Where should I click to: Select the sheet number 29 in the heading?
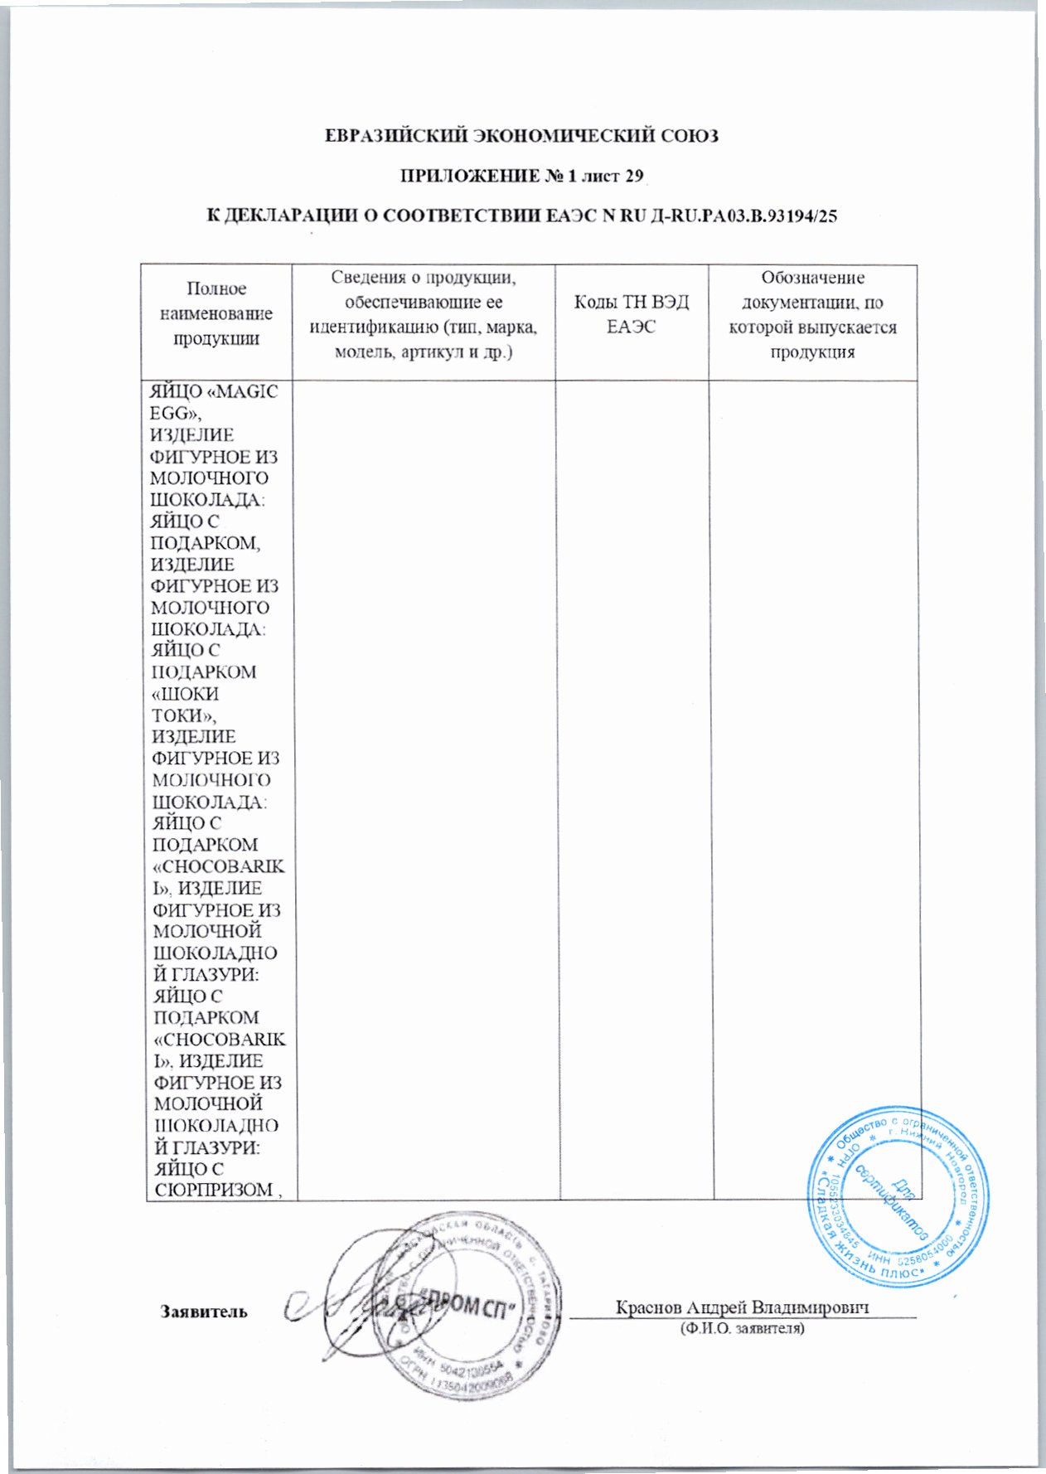634,176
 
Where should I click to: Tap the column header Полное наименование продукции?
216,313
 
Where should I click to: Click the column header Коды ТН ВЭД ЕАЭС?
632,313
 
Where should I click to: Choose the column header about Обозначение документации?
812,313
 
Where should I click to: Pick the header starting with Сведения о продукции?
424,313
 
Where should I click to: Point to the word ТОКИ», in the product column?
182,715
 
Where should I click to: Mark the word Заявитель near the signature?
204,1312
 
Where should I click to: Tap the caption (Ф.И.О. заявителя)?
742,1328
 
